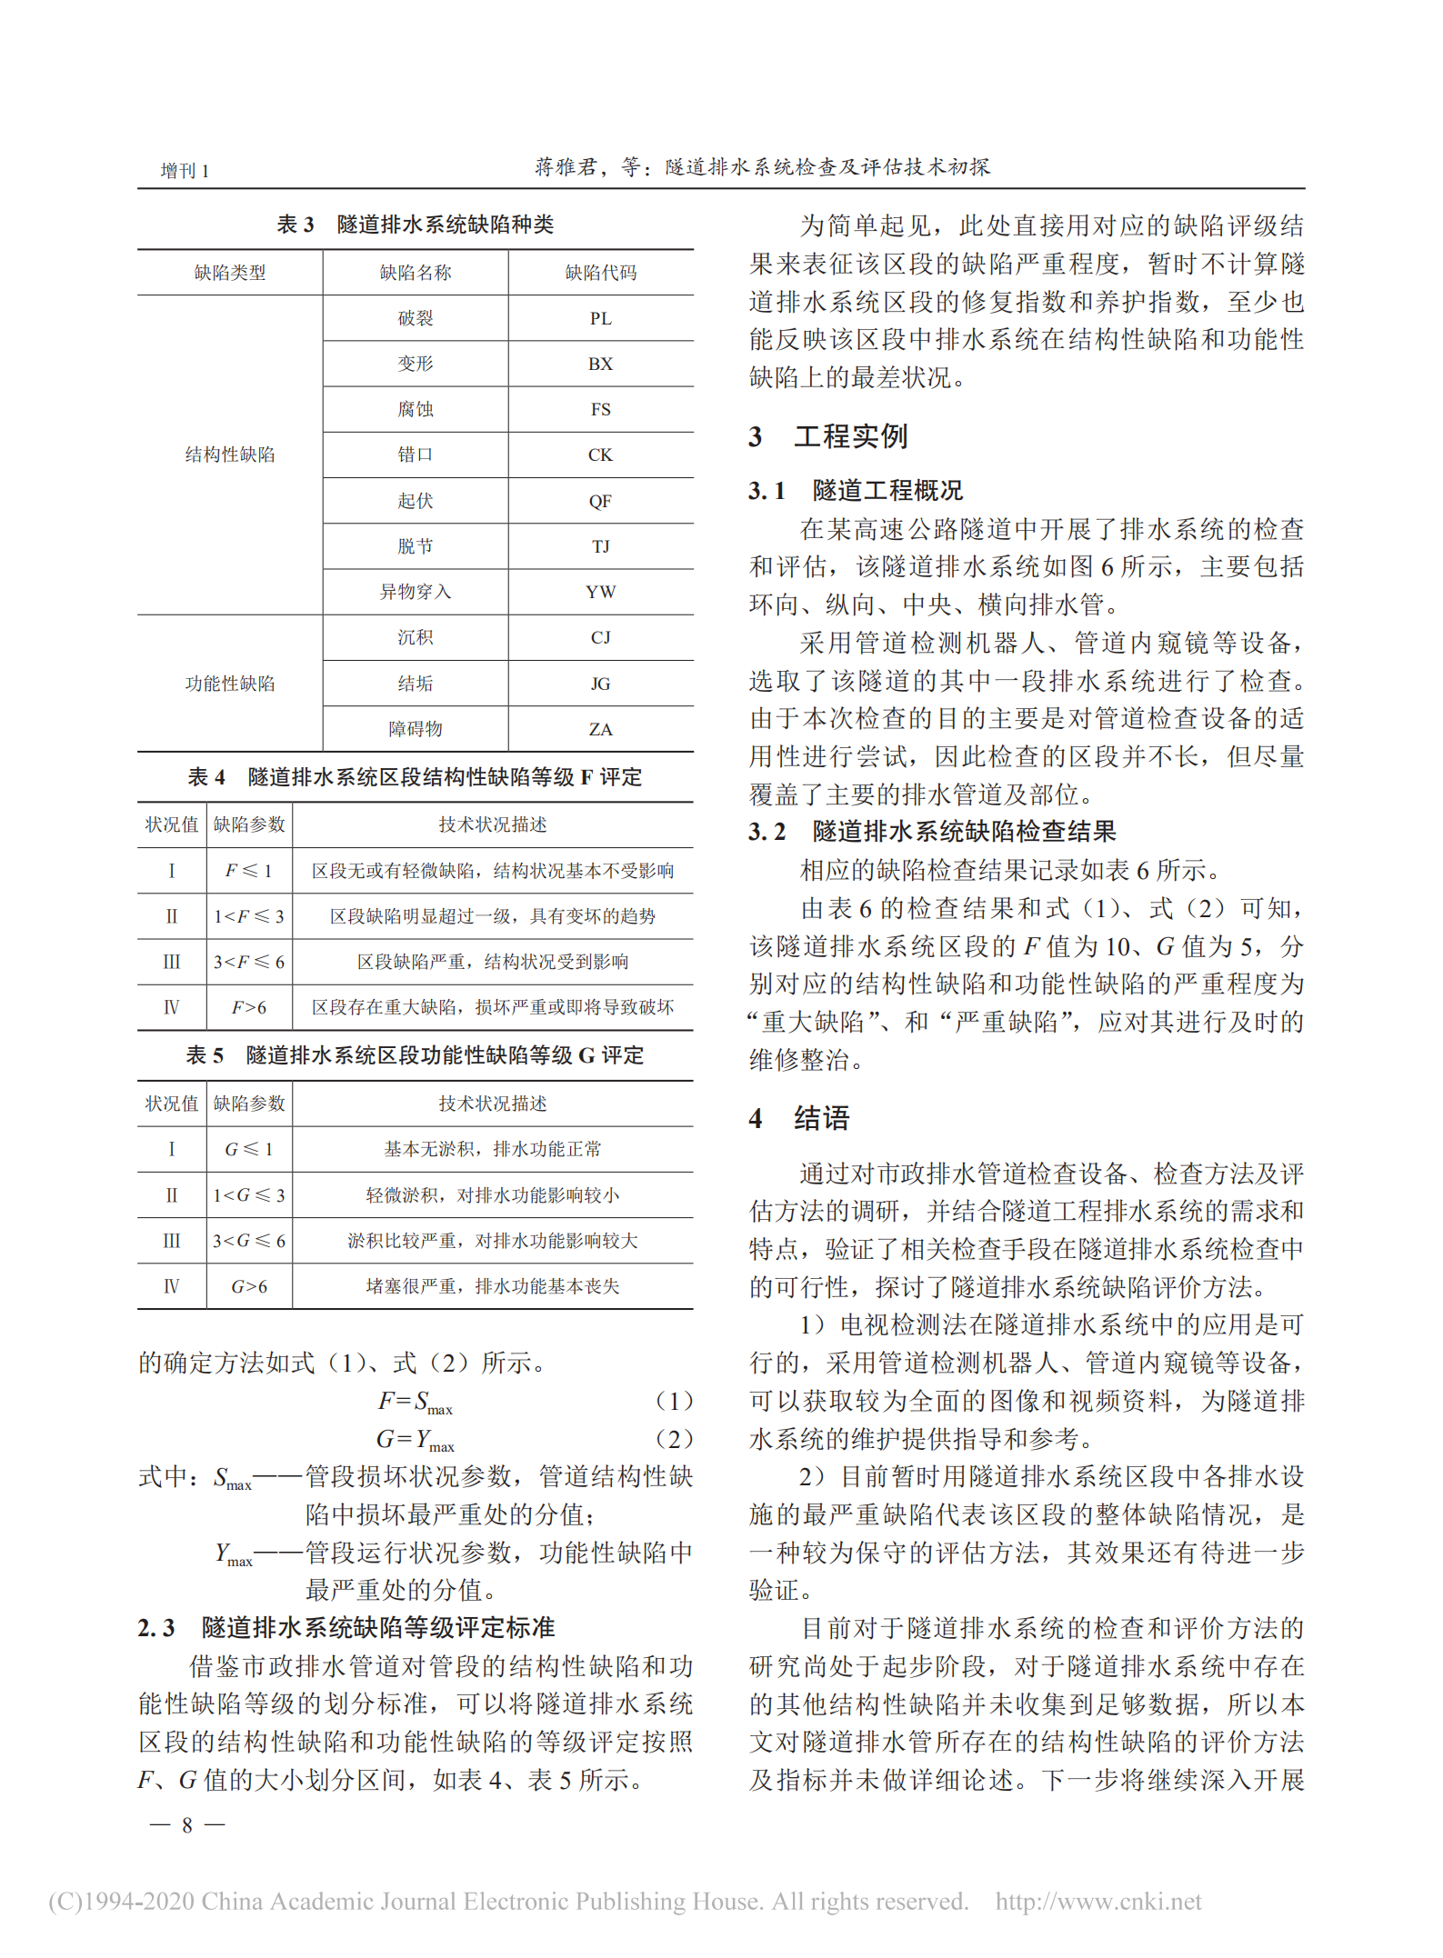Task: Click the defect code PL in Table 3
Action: click(600, 319)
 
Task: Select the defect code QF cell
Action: click(600, 502)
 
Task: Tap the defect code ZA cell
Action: click(600, 730)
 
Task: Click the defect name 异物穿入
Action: click(415, 593)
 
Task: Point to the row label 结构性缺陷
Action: click(229, 455)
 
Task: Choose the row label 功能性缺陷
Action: click(229, 684)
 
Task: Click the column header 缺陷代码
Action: click(600, 273)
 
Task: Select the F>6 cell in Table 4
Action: click(248, 1008)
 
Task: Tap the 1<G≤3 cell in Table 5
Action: click(248, 1196)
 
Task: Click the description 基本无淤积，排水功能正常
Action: click(492, 1150)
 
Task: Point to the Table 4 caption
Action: click(415, 777)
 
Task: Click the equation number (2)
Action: click(674, 1439)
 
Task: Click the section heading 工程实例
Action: click(850, 437)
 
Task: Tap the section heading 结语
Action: click(821, 1118)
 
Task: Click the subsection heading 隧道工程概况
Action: click(887, 491)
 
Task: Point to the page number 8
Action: click(187, 1825)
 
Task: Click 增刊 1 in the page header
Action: click(185, 171)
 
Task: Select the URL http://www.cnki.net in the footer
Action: click(1097, 1902)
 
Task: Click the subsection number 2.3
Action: click(155, 1628)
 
